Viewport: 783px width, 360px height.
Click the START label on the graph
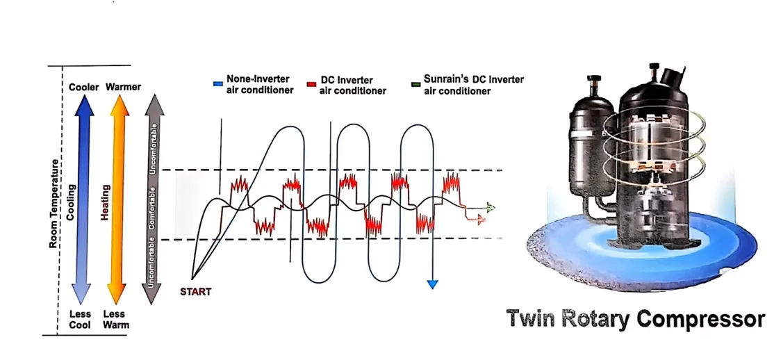coord(195,292)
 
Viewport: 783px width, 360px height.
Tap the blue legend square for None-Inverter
coord(217,84)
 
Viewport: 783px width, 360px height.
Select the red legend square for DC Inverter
coord(311,85)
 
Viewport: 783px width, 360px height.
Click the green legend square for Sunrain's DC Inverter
coord(415,85)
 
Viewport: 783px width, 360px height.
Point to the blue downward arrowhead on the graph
coord(433,284)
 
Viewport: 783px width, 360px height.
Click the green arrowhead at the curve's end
coord(491,206)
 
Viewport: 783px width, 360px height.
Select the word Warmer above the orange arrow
coord(123,87)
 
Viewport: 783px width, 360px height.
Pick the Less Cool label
coord(80,320)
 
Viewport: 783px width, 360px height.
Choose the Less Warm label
coord(118,320)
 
